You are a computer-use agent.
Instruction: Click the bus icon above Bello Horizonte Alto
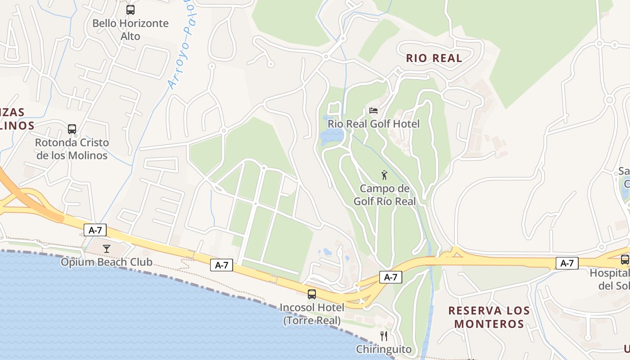pyautogui.click(x=130, y=9)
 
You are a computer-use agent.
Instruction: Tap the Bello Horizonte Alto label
pyautogui.click(x=130, y=30)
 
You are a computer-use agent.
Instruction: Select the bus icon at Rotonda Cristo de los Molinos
pyautogui.click(x=72, y=129)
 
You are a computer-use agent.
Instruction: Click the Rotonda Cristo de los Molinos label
pyautogui.click(x=72, y=149)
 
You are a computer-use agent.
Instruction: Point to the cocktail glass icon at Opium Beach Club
pyautogui.click(x=107, y=248)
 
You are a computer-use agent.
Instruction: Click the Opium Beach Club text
pyautogui.click(x=107, y=262)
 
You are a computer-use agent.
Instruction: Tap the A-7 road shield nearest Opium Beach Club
pyautogui.click(x=95, y=230)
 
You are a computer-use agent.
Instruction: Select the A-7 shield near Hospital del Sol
pyautogui.click(x=567, y=263)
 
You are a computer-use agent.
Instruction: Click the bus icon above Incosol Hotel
pyautogui.click(x=311, y=294)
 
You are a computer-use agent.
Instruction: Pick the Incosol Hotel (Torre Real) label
pyautogui.click(x=312, y=314)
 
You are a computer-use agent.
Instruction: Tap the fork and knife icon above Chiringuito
pyautogui.click(x=384, y=336)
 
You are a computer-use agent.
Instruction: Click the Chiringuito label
pyautogui.click(x=384, y=349)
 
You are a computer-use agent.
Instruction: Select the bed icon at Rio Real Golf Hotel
pyautogui.click(x=373, y=110)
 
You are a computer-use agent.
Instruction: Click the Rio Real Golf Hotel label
pyautogui.click(x=373, y=124)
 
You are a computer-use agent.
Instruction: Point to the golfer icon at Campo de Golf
pyautogui.click(x=384, y=175)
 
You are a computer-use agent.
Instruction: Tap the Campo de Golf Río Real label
pyautogui.click(x=385, y=195)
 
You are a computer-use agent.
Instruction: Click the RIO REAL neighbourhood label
pyautogui.click(x=434, y=58)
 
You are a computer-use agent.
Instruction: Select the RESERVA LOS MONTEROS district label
pyautogui.click(x=489, y=317)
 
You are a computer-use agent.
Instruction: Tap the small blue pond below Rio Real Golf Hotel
pyautogui.click(x=332, y=136)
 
